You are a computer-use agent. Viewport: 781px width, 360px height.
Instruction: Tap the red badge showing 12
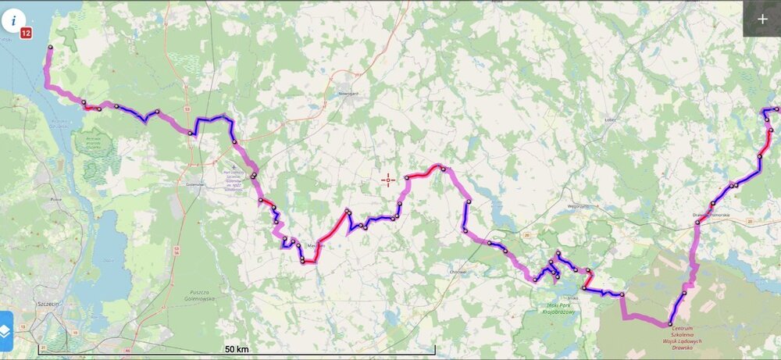point(26,33)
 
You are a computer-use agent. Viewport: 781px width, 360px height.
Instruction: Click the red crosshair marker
point(388,180)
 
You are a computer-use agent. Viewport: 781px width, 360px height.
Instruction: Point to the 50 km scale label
point(236,348)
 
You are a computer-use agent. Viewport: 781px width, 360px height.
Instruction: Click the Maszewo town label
point(316,246)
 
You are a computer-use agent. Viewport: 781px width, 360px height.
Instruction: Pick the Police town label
point(55,199)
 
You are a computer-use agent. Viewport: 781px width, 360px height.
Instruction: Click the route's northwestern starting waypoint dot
point(50,48)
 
